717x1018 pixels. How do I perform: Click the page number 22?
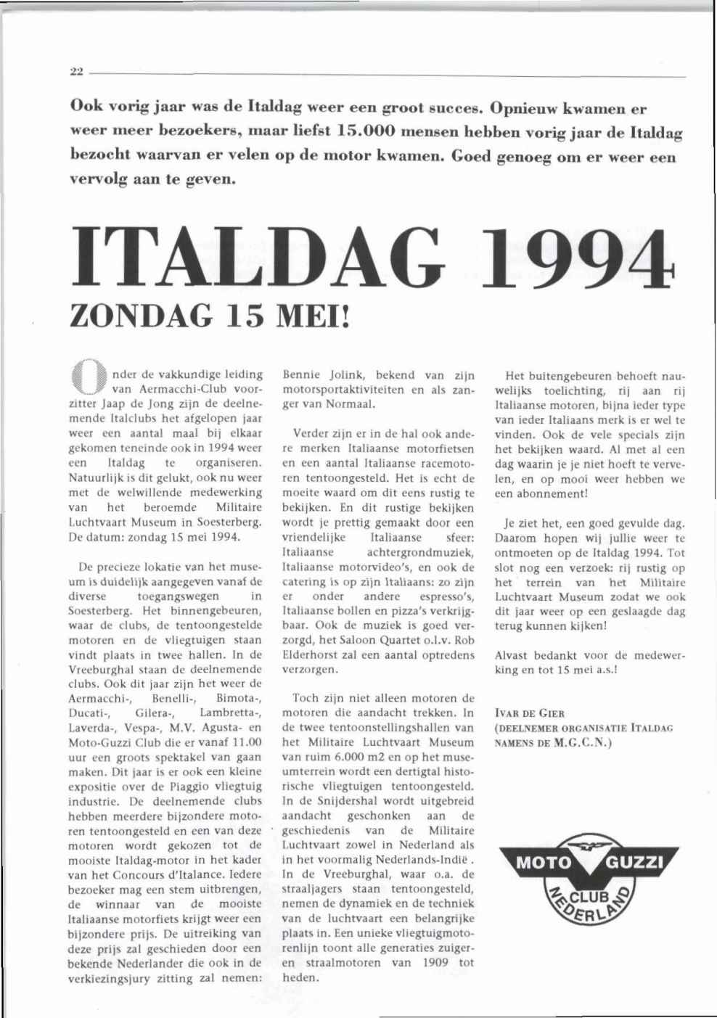pos(75,71)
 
